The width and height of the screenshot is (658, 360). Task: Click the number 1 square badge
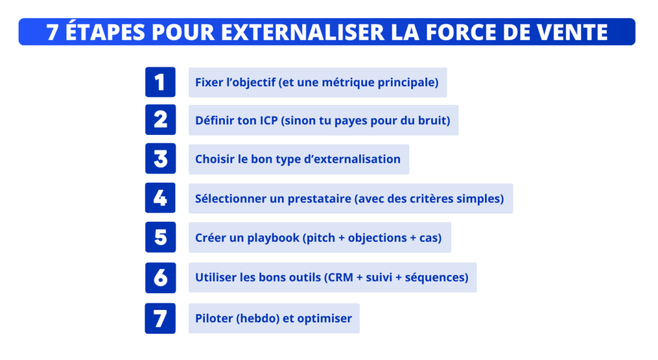(x=160, y=82)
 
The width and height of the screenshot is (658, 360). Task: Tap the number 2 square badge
(x=160, y=120)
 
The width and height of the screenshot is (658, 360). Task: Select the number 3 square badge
(x=160, y=159)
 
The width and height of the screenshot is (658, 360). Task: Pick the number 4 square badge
(x=160, y=198)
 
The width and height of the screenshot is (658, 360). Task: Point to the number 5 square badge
(x=160, y=237)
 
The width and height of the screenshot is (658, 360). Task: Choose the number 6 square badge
(x=160, y=277)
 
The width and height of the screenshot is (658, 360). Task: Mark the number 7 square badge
(x=160, y=318)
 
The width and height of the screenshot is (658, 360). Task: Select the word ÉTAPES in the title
(x=102, y=32)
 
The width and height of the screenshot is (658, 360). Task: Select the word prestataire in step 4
(x=319, y=199)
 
